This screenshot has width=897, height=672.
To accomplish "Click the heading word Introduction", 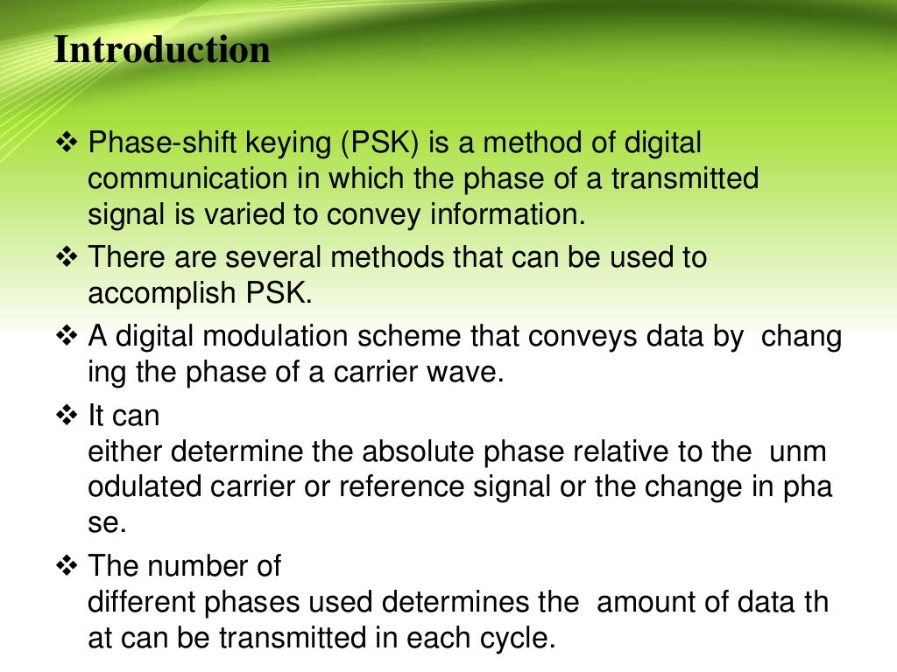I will coord(162,50).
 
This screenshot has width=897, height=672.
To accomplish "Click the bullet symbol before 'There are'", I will coord(67,257).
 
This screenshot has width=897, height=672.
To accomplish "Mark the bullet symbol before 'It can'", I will coord(67,416).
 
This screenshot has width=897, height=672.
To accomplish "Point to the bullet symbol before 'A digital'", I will coord(67,337).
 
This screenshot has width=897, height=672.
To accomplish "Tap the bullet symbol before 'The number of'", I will coord(67,566).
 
